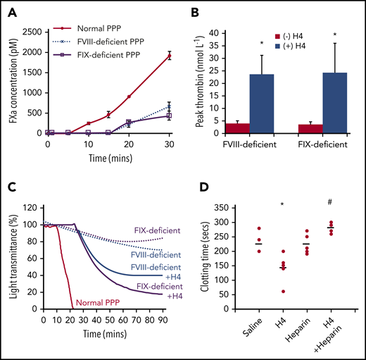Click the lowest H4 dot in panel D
pos(265,291)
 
